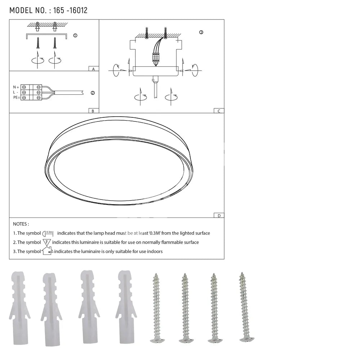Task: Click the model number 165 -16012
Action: (70, 10)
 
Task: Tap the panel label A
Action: (94, 69)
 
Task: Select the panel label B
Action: (93, 111)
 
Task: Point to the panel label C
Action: (219, 111)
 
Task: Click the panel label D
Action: (219, 216)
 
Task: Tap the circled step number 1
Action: (75, 36)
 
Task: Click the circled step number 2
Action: (93, 93)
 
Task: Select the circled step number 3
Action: (201, 32)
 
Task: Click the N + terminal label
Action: (16, 87)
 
